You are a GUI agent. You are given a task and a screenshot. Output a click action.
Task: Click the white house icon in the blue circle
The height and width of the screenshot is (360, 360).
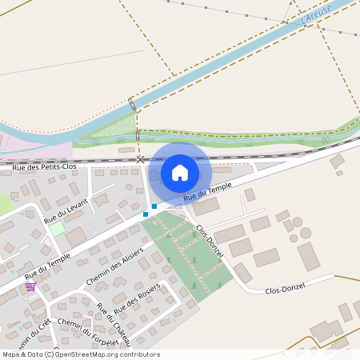[180, 172]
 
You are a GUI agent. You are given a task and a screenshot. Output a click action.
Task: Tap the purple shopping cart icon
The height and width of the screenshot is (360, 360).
[30, 286]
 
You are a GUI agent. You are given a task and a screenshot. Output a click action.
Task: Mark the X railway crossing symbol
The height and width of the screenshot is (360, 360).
[141, 160]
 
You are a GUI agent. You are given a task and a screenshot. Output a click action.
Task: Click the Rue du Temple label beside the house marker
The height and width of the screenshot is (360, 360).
[207, 190]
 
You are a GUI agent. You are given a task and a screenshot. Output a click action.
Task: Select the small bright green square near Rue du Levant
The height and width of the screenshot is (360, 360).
[58, 229]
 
